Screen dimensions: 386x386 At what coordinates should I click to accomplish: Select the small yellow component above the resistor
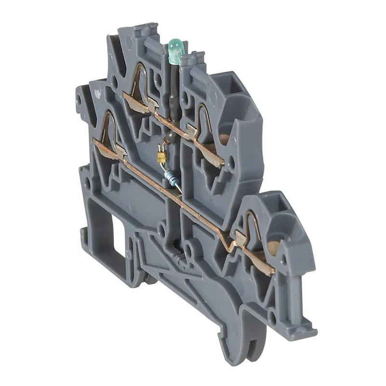[161, 156]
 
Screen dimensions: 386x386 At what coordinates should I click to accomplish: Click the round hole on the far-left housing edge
[78, 102]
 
